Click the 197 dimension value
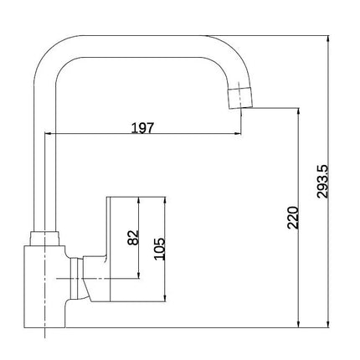pyautogui.click(x=142, y=128)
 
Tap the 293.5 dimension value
pyautogui.click(x=323, y=182)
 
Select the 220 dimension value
pyautogui.click(x=293, y=218)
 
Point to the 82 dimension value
pyautogui.click(x=133, y=238)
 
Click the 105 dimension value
pyautogui.click(x=160, y=249)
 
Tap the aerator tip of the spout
pyautogui.click(x=240, y=98)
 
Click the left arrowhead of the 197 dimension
pyautogui.click(x=48, y=134)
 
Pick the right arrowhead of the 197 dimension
pyautogui.click(x=238, y=134)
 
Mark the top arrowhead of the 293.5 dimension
pyautogui.click(x=328, y=39)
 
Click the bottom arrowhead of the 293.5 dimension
pyautogui.click(x=328, y=324)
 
